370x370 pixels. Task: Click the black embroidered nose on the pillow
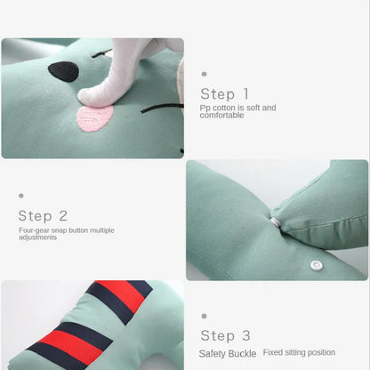[64, 72]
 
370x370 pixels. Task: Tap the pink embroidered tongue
[95, 117]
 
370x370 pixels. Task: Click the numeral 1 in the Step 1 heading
[245, 94]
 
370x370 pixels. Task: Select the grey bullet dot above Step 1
[204, 74]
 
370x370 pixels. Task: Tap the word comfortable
[221, 115]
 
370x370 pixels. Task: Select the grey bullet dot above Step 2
[21, 196]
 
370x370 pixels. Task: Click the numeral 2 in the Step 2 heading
[63, 216]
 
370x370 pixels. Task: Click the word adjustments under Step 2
[37, 237]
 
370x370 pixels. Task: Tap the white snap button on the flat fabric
[316, 265]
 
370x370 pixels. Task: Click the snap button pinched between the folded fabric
[276, 222]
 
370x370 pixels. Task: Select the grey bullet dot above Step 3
[204, 316]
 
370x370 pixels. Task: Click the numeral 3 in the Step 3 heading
[246, 336]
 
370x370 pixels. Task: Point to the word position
[321, 353]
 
